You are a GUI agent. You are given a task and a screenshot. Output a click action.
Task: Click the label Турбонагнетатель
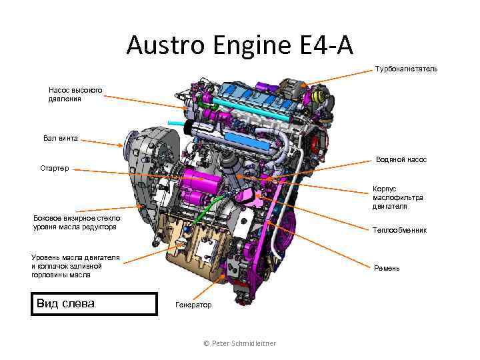[407, 69]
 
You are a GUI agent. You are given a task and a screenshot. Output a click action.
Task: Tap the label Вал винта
[61, 139]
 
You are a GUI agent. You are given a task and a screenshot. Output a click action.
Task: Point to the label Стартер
[54, 169]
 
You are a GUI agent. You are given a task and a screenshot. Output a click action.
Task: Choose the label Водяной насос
[401, 160]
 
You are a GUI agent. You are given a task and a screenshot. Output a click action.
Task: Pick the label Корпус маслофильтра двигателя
[398, 197]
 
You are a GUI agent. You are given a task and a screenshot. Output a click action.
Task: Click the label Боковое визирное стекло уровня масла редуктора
[76, 223]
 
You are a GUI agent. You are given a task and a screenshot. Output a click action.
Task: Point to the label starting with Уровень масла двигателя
[75, 265]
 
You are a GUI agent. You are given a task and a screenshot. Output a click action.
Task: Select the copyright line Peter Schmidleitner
[240, 343]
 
